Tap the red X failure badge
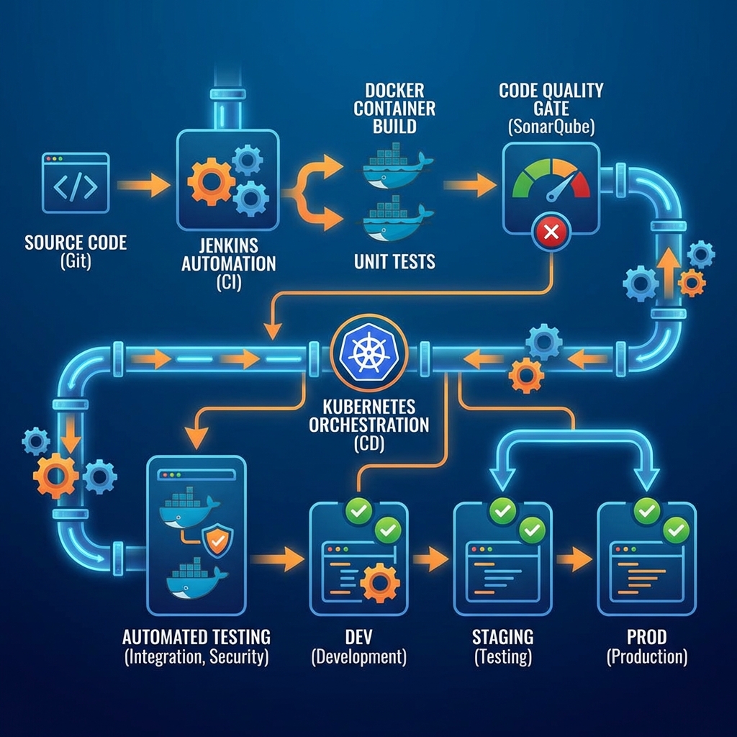[551, 232]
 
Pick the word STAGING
[503, 636]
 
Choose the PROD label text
[646, 636]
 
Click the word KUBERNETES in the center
[369, 405]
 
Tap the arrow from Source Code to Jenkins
[143, 186]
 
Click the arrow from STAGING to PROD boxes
[574, 559]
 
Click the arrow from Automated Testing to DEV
[279, 558]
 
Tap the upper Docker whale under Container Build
[396, 167]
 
